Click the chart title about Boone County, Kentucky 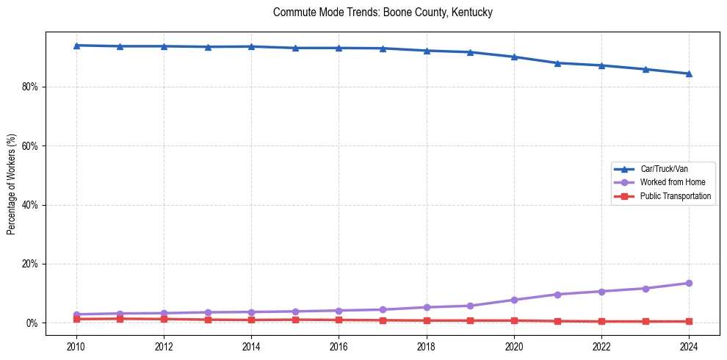382,12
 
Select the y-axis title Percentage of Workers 11,184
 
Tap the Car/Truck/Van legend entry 663,169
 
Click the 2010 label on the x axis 76,346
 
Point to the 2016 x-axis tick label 339,346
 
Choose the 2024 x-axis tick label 689,346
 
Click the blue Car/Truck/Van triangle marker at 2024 689,73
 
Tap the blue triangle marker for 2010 76,46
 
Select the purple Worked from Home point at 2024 689,283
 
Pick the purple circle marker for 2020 514,300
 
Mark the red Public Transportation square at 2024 689,321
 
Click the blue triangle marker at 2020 514,57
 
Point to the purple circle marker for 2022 601,292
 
